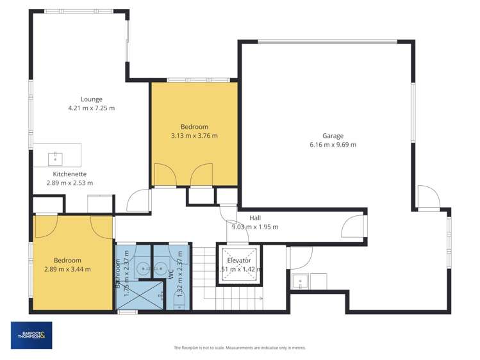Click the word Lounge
pos(91,99)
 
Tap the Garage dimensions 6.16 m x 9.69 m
pos(333,145)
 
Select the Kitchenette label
pos(70,174)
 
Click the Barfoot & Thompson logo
pos(31,335)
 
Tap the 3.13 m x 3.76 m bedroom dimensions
pos(194,136)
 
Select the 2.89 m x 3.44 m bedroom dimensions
pos(67,269)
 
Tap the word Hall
pos(255,217)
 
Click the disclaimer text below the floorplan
pos(240,348)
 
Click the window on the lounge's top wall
pos(80,12)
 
